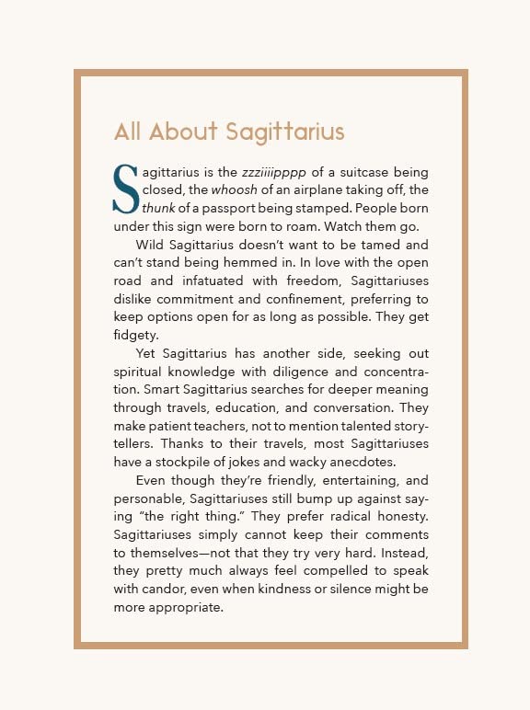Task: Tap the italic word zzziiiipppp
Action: (x=274, y=172)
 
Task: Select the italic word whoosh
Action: (x=231, y=189)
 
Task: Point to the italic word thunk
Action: (x=158, y=207)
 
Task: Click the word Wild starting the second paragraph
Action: (x=151, y=245)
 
